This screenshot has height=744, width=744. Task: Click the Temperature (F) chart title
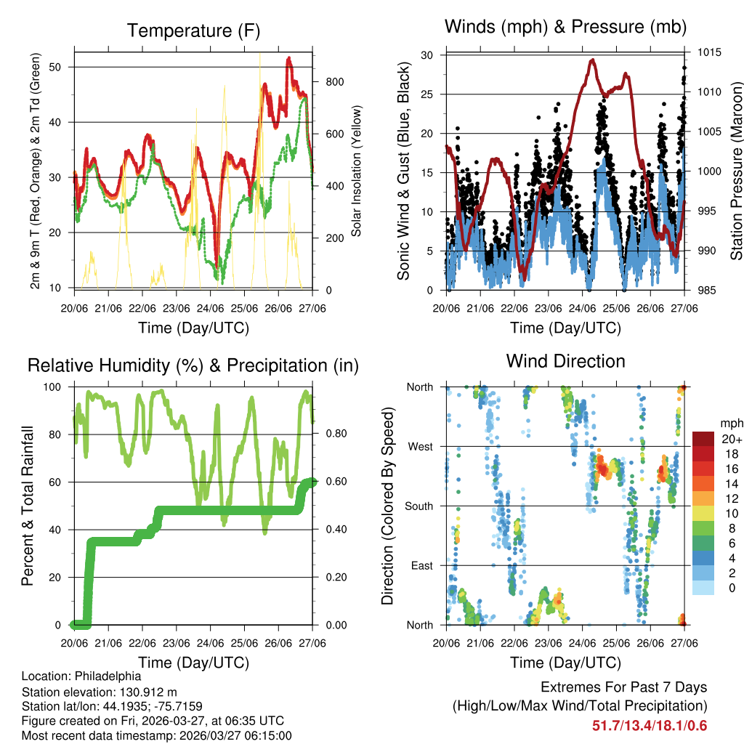(193, 31)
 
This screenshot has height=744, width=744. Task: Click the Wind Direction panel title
(565, 360)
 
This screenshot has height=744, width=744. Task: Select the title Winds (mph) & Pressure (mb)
(565, 27)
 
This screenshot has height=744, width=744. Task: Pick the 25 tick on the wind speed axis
(427, 94)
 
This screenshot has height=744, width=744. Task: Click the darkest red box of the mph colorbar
(702, 439)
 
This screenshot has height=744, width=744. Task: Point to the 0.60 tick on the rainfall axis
(333, 482)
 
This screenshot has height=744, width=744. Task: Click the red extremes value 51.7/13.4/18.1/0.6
(650, 726)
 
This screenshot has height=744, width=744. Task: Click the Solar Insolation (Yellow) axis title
(357, 171)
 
